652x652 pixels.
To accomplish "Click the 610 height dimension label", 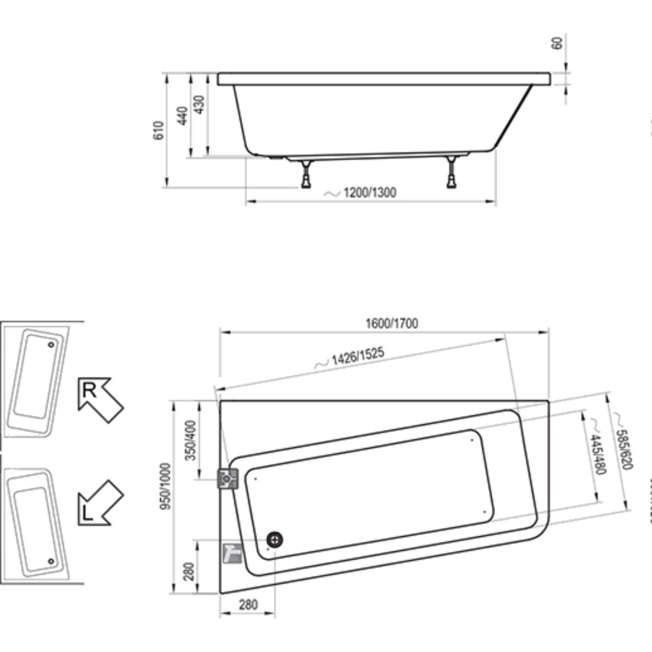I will coord(158,131).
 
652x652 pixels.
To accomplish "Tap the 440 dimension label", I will coord(183,116).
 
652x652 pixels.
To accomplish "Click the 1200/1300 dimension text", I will coord(369,192).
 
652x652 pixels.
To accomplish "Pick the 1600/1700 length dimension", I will coord(391,324).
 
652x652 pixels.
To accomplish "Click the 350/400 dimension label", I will coord(191,440).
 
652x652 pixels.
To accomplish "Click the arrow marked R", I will coord(100,399).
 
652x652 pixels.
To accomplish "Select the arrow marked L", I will coord(100,503).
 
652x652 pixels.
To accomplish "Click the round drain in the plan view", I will coord(275,540).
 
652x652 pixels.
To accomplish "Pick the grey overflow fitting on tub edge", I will coord(228,479).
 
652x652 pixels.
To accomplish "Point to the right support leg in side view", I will coord(452,172).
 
